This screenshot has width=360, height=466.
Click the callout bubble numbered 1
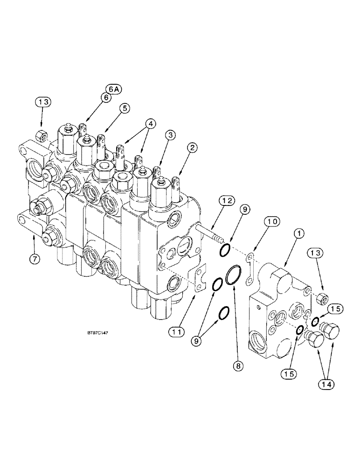[x=296, y=233]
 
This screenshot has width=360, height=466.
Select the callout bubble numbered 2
[x=193, y=149]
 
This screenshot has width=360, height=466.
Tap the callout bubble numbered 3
[x=170, y=135]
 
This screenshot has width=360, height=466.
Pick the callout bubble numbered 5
[x=124, y=107]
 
